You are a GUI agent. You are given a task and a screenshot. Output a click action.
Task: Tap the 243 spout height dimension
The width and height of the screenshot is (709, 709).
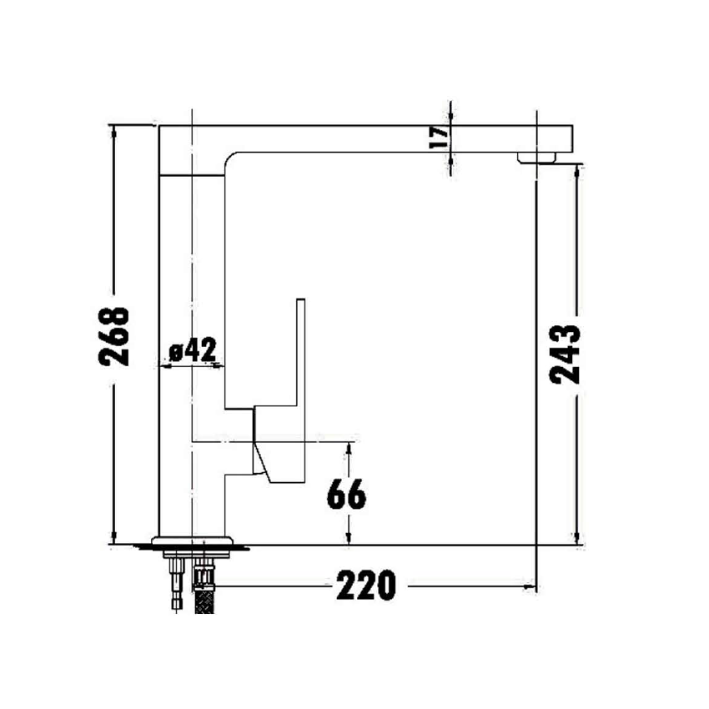point(566,353)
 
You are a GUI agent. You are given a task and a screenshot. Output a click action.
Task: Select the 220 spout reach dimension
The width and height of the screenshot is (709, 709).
point(365,586)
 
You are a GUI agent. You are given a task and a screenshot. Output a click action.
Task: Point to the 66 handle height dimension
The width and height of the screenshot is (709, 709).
point(346,495)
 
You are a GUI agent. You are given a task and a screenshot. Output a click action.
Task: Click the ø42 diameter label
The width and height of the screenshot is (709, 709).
point(193,351)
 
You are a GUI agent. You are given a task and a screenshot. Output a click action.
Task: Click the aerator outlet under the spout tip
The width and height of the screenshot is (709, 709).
point(538,157)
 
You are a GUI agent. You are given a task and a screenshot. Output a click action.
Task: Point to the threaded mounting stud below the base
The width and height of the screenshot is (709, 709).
point(176,584)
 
